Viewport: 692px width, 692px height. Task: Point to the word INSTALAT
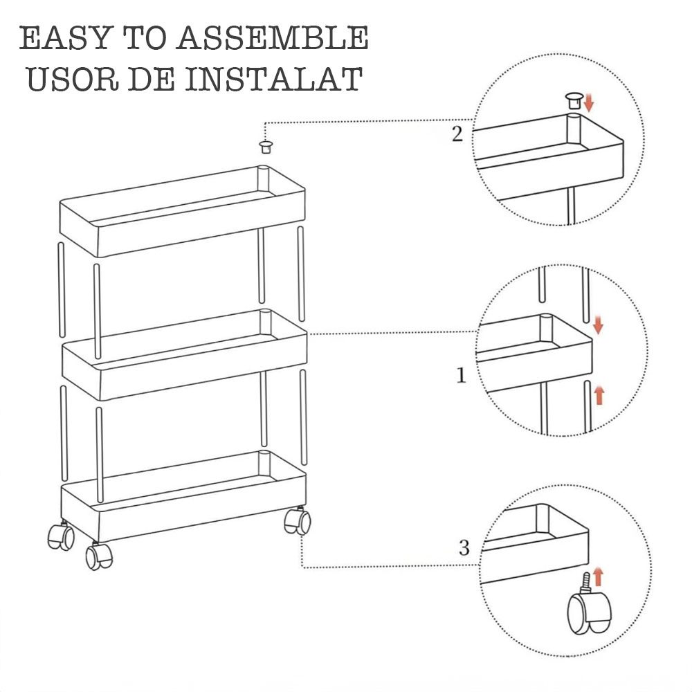point(274,79)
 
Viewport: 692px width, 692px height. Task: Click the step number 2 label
point(457,134)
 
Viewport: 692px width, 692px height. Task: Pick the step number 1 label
point(461,375)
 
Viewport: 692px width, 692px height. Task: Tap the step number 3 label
point(464,547)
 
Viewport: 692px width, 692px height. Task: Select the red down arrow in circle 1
point(598,325)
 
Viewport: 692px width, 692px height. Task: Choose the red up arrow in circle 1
point(599,395)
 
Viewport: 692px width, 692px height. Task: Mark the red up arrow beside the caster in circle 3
point(598,578)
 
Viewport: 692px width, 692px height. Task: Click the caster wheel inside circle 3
point(589,610)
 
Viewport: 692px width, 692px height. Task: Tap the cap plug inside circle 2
point(574,100)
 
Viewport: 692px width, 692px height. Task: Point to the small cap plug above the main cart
point(265,147)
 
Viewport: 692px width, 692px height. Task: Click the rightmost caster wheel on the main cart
point(298,521)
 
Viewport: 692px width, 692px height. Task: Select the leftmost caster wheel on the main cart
point(60,536)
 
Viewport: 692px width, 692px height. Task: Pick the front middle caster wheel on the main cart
point(99,556)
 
